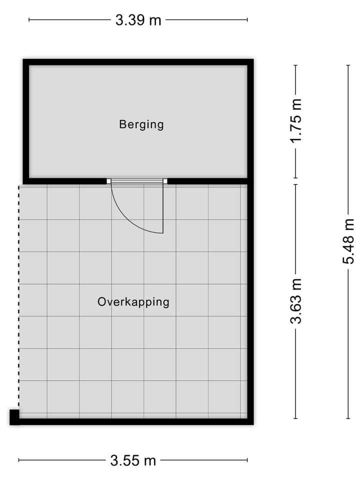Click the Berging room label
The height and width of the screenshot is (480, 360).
click(x=141, y=124)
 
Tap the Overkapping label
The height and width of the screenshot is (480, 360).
click(x=133, y=302)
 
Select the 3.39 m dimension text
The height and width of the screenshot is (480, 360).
click(x=138, y=20)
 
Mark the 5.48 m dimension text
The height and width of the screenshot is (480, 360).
click(x=348, y=241)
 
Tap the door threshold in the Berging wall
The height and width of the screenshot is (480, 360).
click(x=137, y=181)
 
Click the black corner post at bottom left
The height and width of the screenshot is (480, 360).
click(x=14, y=417)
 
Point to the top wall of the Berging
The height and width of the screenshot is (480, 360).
click(x=138, y=62)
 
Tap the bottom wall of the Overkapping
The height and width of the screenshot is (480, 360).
click(x=135, y=421)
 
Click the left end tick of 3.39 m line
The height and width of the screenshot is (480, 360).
click(x=29, y=20)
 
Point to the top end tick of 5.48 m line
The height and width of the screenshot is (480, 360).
click(x=348, y=65)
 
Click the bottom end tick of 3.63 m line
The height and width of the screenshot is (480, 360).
click(x=296, y=418)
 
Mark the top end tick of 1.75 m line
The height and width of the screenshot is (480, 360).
click(x=296, y=65)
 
